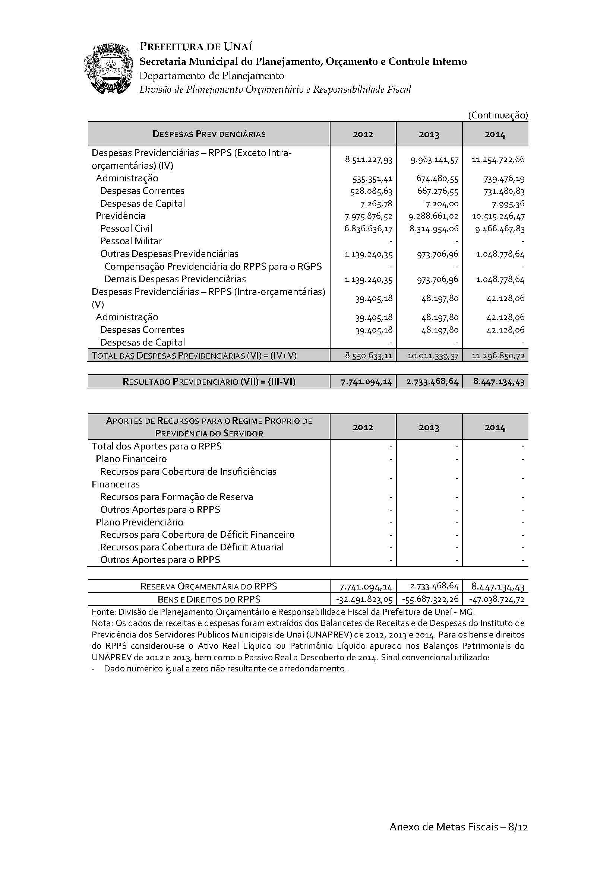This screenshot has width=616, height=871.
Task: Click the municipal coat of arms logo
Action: [x=108, y=69]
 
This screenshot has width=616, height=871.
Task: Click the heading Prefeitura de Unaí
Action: [x=196, y=47]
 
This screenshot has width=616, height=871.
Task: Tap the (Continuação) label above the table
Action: [x=498, y=115]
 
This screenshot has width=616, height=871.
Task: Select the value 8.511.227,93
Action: [x=369, y=159]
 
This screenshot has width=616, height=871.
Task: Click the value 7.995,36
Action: [x=508, y=204]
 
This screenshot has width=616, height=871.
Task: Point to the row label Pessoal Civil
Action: [x=126, y=228]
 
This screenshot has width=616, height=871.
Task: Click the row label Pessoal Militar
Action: [x=131, y=241]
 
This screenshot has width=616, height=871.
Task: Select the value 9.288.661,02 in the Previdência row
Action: [x=434, y=216]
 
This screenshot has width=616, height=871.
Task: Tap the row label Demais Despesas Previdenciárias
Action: [x=175, y=279]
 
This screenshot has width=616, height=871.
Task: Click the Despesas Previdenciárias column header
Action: [x=209, y=134]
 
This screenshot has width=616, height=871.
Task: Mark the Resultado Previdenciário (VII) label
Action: [x=209, y=382]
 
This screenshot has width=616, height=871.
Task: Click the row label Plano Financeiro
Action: [x=131, y=459]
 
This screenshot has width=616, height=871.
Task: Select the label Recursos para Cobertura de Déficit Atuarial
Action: [x=192, y=547]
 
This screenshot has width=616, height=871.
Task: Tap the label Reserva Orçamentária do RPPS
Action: [x=209, y=587]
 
